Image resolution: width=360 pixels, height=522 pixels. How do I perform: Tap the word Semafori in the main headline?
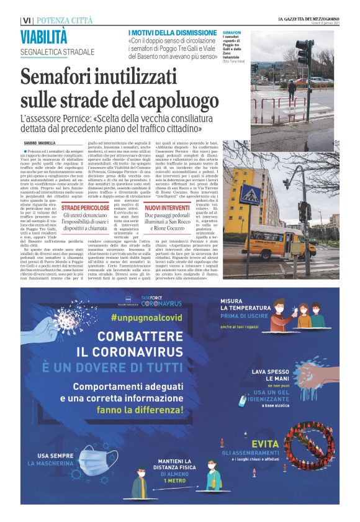tap(60, 79)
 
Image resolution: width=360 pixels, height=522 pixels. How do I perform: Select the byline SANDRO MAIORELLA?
tap(40, 143)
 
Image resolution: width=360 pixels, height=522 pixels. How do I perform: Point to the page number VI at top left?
tap(25, 21)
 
